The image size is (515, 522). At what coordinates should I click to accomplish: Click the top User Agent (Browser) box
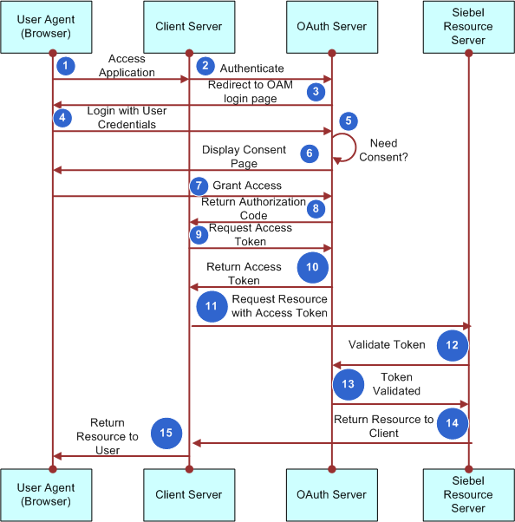[x=52, y=26]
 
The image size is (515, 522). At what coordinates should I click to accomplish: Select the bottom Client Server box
[x=188, y=494]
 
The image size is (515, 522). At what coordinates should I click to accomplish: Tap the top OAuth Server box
[x=331, y=26]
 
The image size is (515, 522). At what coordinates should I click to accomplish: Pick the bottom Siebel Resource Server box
[x=468, y=494]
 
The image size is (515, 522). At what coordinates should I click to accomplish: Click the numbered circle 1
[x=63, y=66]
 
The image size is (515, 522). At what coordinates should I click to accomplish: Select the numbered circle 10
[x=312, y=268]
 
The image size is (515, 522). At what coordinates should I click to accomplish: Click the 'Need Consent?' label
[x=389, y=151]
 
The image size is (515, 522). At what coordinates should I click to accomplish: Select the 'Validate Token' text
[x=387, y=344]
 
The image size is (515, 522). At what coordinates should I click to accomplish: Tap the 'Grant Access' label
[x=247, y=185]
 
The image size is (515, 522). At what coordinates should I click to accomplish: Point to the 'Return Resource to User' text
[x=108, y=437]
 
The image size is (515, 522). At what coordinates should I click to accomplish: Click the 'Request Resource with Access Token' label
[x=279, y=305]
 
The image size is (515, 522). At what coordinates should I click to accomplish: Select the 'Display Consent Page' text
[x=244, y=156]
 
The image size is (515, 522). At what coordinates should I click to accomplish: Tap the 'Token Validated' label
[x=397, y=384]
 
